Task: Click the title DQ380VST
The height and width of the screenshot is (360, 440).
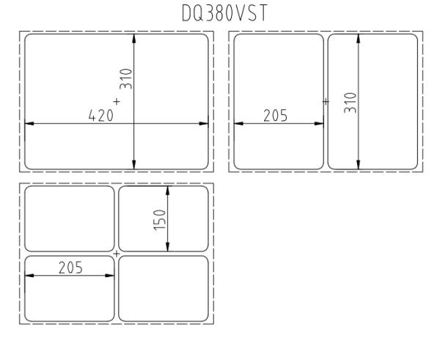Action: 225,13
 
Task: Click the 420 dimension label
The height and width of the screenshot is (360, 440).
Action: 101,115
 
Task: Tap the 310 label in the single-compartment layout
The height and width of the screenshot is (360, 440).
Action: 125,79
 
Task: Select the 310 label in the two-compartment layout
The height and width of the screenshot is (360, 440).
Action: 351,103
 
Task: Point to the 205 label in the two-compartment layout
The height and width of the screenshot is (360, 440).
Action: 276,115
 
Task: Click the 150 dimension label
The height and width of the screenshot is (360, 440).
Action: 160,220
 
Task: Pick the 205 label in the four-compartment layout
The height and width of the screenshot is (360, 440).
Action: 70,268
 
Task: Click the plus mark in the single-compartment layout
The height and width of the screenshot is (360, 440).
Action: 117,101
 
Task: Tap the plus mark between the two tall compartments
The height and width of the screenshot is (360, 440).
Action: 326,101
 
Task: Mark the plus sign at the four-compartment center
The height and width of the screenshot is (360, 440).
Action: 117,254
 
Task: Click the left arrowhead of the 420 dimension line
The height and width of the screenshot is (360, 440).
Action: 29,123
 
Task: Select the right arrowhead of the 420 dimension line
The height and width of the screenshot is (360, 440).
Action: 204,123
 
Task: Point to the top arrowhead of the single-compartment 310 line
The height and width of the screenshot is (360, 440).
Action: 134,39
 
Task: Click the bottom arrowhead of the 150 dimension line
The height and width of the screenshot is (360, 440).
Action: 168,247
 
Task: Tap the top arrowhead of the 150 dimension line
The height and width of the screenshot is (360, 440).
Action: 168,191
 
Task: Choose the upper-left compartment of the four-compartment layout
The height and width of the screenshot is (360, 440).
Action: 70,218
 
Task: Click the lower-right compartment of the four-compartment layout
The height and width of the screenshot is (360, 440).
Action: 164,288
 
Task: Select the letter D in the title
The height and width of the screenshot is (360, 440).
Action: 186,13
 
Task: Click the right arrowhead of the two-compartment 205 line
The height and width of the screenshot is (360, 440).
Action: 319,123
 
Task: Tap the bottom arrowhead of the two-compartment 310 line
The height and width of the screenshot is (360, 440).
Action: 359,165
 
